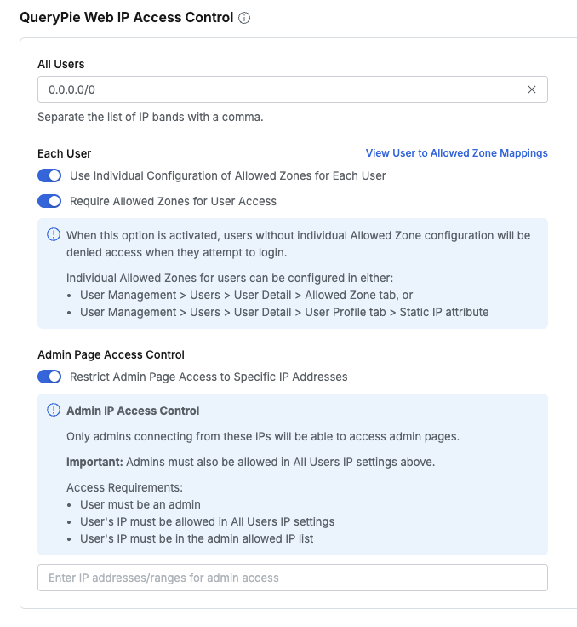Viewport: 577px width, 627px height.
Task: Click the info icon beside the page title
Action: click(x=244, y=18)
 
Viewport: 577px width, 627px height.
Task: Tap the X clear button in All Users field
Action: click(x=532, y=89)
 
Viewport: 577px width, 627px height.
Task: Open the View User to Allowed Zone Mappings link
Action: click(x=456, y=153)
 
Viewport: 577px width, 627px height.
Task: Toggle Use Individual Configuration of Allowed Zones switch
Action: click(x=49, y=175)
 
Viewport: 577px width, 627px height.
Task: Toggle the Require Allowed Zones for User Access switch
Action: click(x=49, y=201)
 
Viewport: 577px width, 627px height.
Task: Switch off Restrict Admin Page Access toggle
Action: click(x=49, y=377)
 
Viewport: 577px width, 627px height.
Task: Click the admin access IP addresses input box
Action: click(x=292, y=578)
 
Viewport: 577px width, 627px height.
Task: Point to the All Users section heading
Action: click(x=61, y=64)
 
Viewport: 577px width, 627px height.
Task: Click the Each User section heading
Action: click(x=65, y=153)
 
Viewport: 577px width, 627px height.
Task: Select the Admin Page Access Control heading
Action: click(x=111, y=354)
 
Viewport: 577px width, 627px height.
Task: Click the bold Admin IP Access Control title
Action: click(x=133, y=411)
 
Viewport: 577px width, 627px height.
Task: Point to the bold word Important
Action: click(x=94, y=462)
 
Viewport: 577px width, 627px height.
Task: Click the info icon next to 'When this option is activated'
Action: click(x=53, y=235)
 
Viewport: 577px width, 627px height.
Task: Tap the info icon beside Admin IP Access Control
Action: click(x=53, y=411)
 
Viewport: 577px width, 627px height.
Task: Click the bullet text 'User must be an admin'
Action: click(x=140, y=504)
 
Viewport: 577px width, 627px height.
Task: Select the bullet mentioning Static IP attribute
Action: click(x=284, y=312)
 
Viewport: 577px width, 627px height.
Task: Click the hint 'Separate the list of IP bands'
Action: click(x=151, y=117)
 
